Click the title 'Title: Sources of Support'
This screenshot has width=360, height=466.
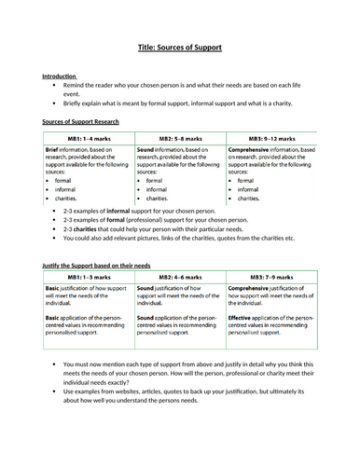pos(180,48)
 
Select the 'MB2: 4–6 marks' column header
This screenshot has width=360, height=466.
pos(179,278)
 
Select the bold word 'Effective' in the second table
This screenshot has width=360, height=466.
pos(240,317)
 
